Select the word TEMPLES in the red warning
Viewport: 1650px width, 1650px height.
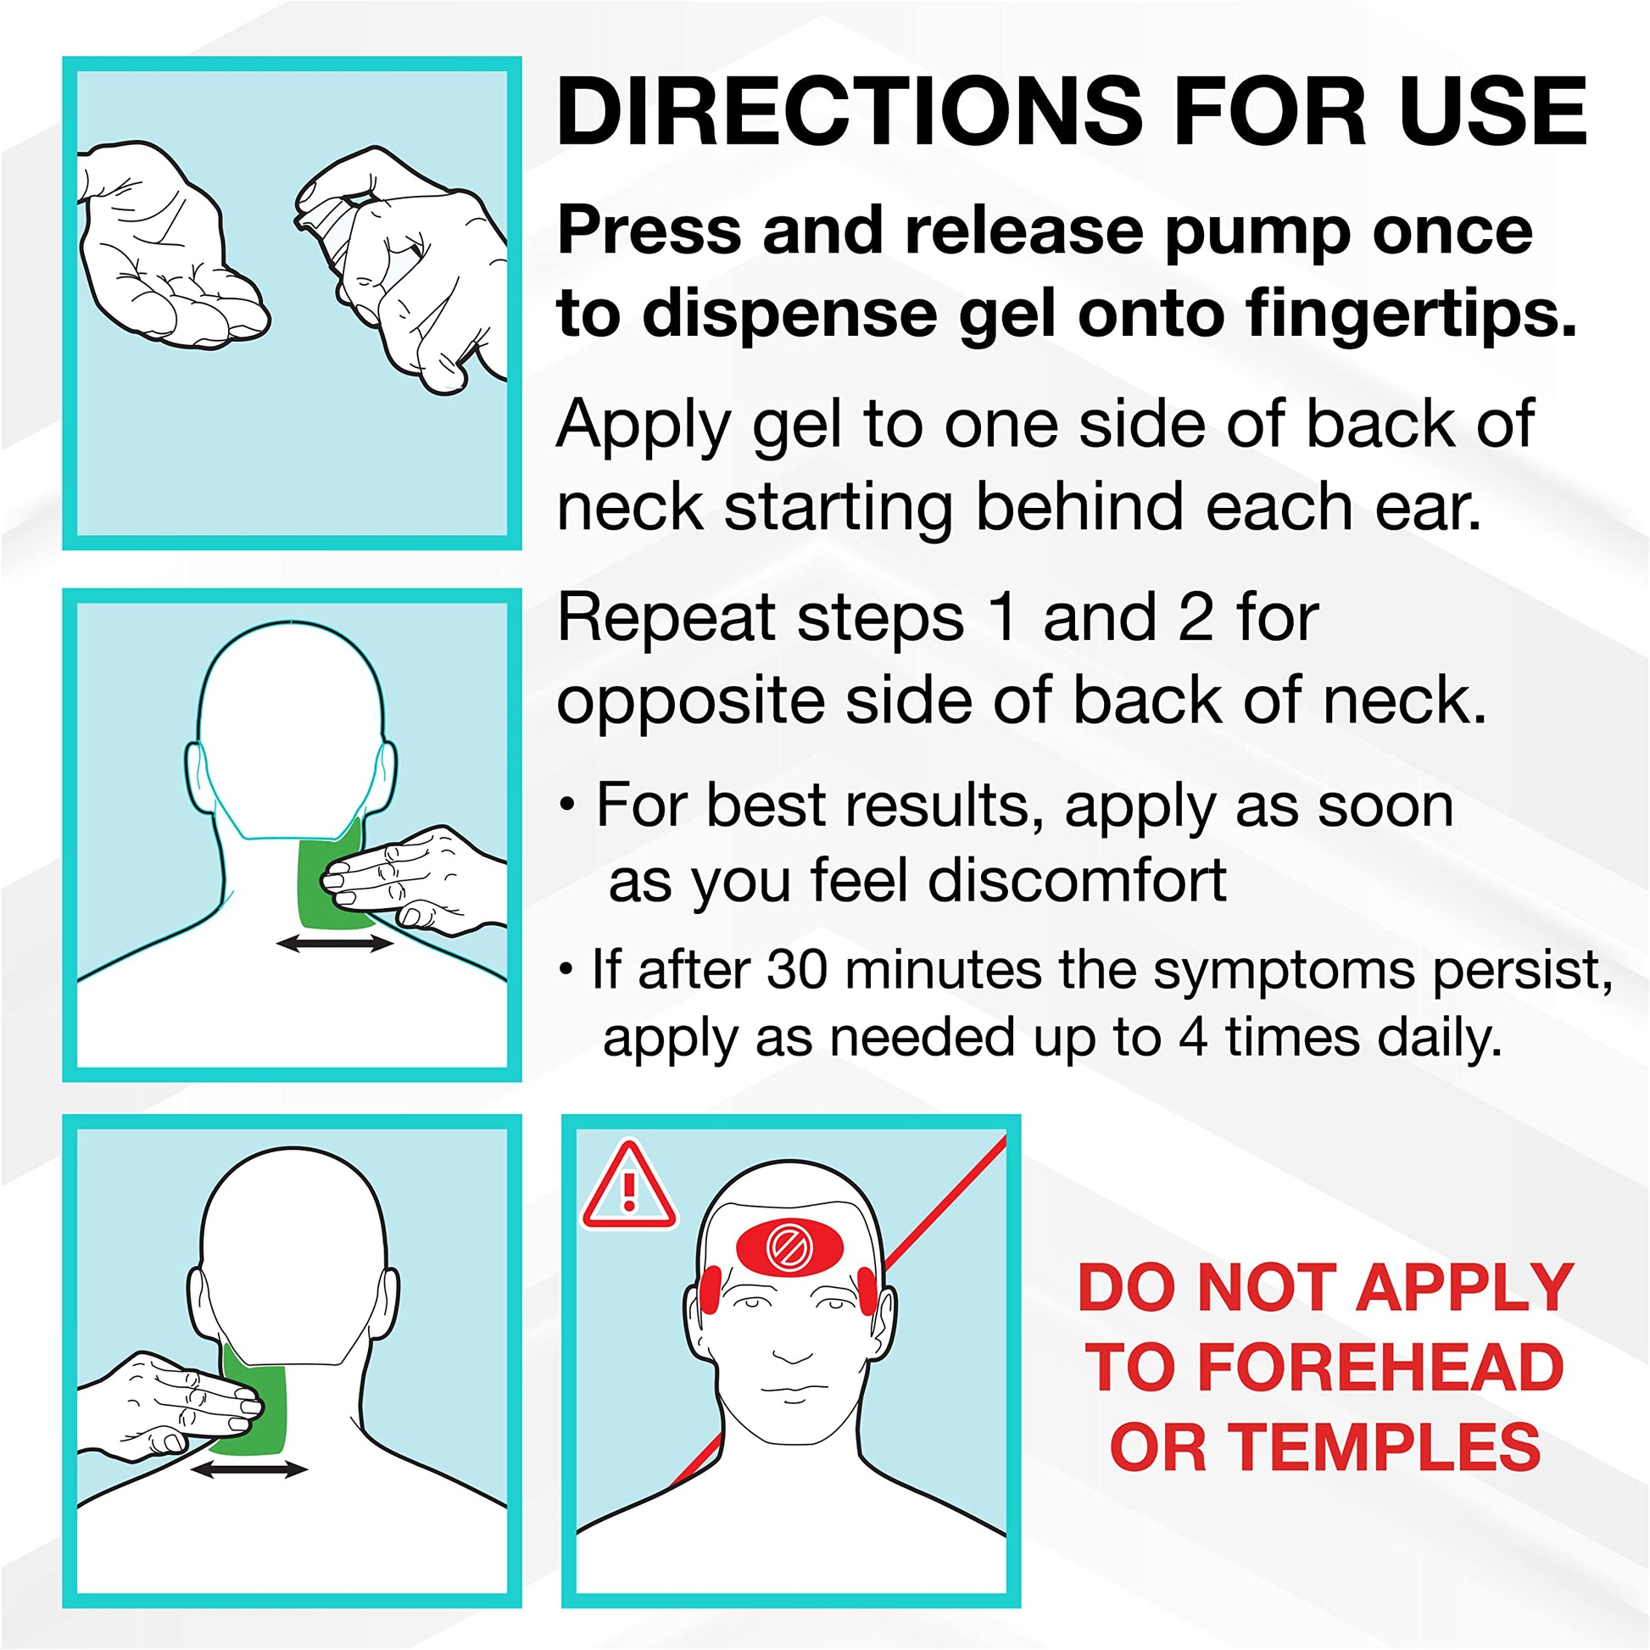point(1385,1447)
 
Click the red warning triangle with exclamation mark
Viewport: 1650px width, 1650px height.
point(629,1188)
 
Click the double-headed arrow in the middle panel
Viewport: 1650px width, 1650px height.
point(335,944)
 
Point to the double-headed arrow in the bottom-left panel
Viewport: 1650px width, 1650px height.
point(248,1469)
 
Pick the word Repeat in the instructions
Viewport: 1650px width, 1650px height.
point(666,621)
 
